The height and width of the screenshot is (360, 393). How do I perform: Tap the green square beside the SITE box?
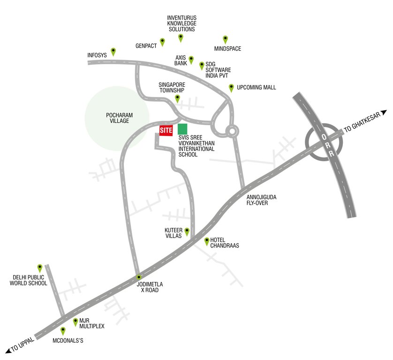click(182, 129)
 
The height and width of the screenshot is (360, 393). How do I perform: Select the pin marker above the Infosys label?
click(113, 51)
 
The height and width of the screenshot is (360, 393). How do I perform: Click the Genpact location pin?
click(162, 42)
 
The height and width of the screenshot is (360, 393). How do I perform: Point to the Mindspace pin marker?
click(225, 39)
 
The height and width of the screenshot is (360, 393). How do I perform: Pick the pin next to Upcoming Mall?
click(231, 88)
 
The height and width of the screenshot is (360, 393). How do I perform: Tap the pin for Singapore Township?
click(177, 98)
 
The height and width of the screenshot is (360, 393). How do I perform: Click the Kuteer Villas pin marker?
click(187, 232)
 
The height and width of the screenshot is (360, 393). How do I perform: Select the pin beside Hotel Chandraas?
click(207, 241)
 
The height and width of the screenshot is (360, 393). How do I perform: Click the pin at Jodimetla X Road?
click(138, 277)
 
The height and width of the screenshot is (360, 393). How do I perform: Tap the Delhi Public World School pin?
click(40, 268)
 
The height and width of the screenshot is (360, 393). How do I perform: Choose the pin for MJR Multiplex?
click(76, 322)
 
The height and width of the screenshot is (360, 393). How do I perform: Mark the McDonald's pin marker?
click(63, 331)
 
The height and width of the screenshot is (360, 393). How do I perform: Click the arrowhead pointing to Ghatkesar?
click(384, 112)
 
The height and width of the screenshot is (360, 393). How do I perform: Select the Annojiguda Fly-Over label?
click(261, 200)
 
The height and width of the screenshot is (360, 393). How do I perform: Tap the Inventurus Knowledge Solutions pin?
click(181, 38)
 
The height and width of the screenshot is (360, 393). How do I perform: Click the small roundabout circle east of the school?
click(232, 131)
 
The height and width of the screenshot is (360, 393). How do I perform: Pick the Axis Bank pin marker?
click(191, 60)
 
